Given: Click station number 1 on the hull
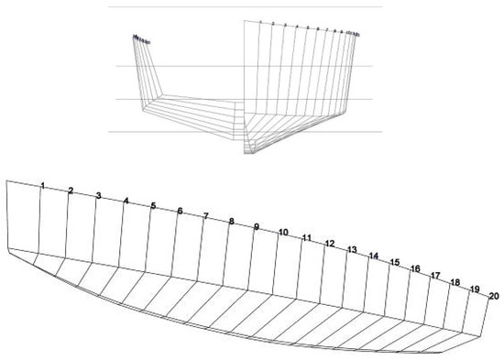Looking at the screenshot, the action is point(43,186).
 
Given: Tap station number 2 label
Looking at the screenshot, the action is point(71,191).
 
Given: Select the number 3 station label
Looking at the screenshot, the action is point(98,195).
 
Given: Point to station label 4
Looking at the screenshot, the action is point(126,200).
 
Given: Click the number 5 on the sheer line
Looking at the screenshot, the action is point(153,206).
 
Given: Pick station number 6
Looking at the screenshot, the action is point(180,212).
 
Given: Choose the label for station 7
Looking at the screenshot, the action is point(206,216).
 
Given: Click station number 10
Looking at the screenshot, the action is point(284,232).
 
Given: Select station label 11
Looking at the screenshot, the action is point(307,238).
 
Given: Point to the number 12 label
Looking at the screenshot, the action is point(330,244).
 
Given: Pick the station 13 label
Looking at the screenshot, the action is point(352,250).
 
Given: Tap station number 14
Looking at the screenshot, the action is point(374,256).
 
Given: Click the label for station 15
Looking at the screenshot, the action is point(395,263).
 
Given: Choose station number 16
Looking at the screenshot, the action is point(415,269).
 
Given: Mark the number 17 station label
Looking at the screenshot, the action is point(436,276).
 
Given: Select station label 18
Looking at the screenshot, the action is point(455,282).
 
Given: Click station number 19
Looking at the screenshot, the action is point(475,289).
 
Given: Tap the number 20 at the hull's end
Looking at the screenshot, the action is point(494,296).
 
